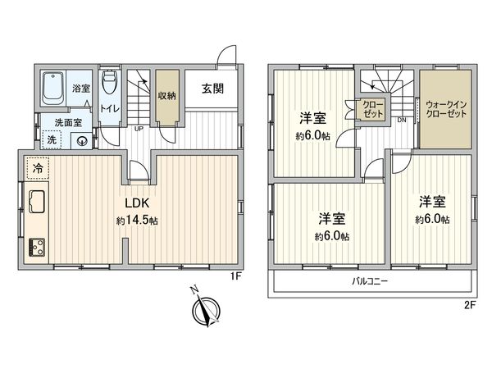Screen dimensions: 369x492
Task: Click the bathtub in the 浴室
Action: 54,88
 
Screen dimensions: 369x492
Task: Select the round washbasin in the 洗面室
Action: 83,140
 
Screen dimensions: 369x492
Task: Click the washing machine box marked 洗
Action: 52,140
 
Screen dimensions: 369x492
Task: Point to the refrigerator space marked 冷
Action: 37,168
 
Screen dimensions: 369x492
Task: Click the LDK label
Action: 136,203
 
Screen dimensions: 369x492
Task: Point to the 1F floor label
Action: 236,276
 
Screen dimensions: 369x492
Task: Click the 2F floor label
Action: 469,303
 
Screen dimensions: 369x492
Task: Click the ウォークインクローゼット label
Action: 446,109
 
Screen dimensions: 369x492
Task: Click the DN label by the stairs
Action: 402,121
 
